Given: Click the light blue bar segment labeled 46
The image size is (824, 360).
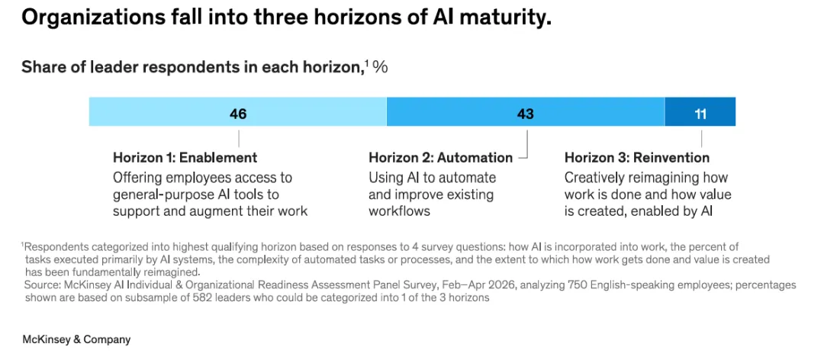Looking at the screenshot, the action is pos(237,111).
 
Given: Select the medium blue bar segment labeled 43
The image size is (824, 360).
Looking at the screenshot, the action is pos(526,111).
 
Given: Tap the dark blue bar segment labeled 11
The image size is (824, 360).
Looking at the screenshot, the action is pos(700,111).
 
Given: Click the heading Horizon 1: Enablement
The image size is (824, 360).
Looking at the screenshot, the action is pos(185,158).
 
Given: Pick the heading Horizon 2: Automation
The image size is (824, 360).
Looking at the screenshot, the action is pos(440,158).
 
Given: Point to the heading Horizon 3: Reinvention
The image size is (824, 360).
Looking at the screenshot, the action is pos(637,158).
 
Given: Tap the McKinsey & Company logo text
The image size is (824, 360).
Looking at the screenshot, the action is pos(76,339).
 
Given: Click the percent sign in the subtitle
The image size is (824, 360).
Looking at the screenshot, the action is pos(380,68).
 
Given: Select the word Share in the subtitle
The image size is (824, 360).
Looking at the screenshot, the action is pos(40,68).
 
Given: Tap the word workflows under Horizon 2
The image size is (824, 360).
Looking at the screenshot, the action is pos(399,211).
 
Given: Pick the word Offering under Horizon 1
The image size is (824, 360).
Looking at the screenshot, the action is pos(137,178).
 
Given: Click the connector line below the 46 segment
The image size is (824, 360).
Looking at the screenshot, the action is pos(239,139).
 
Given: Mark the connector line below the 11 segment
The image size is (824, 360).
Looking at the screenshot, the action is pos(702,139).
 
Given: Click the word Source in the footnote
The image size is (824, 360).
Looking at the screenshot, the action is pos(41,285).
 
